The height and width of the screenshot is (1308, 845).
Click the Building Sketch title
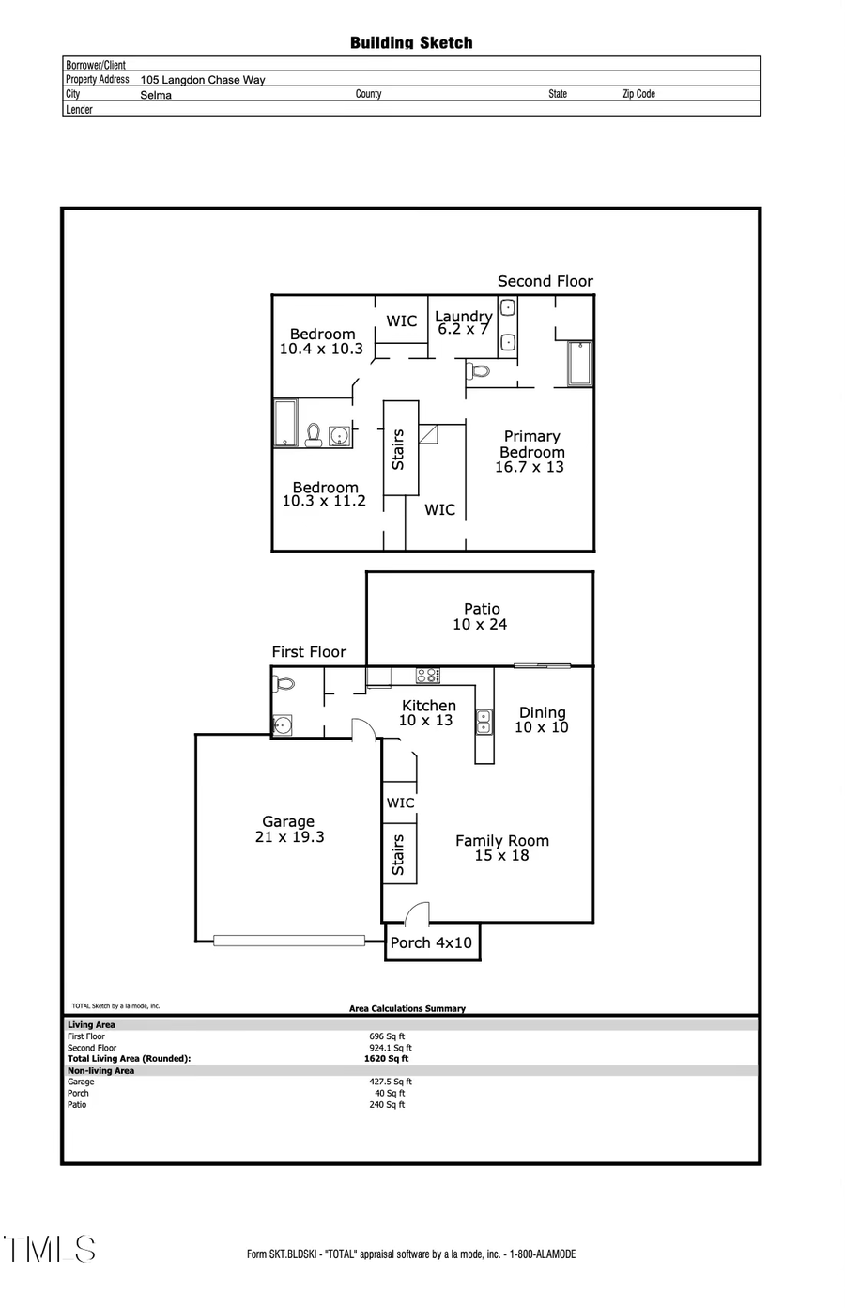[411, 42]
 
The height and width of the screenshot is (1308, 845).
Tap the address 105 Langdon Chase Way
[203, 80]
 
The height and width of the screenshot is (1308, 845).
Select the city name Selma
[156, 95]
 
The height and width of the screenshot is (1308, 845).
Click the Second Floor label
[545, 281]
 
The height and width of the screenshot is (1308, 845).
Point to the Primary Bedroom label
[531, 451]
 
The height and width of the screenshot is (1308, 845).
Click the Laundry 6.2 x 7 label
[463, 322]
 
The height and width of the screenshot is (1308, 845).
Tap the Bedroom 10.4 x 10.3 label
[322, 341]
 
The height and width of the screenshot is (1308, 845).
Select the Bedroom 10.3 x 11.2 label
[325, 494]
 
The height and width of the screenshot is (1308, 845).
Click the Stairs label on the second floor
[398, 449]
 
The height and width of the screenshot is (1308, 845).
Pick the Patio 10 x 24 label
[481, 616]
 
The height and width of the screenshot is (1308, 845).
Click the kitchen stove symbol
[427, 675]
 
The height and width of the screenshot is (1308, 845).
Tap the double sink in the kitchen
[484, 721]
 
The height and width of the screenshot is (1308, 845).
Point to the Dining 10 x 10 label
[542, 720]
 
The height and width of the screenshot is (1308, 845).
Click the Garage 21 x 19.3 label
[289, 829]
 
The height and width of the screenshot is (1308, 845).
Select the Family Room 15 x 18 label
[502, 848]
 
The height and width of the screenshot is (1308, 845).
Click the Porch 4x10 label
[431, 942]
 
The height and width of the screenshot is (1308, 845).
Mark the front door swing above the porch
[417, 913]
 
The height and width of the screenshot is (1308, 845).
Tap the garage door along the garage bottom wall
[289, 940]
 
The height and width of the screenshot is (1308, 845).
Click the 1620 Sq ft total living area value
[386, 1058]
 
